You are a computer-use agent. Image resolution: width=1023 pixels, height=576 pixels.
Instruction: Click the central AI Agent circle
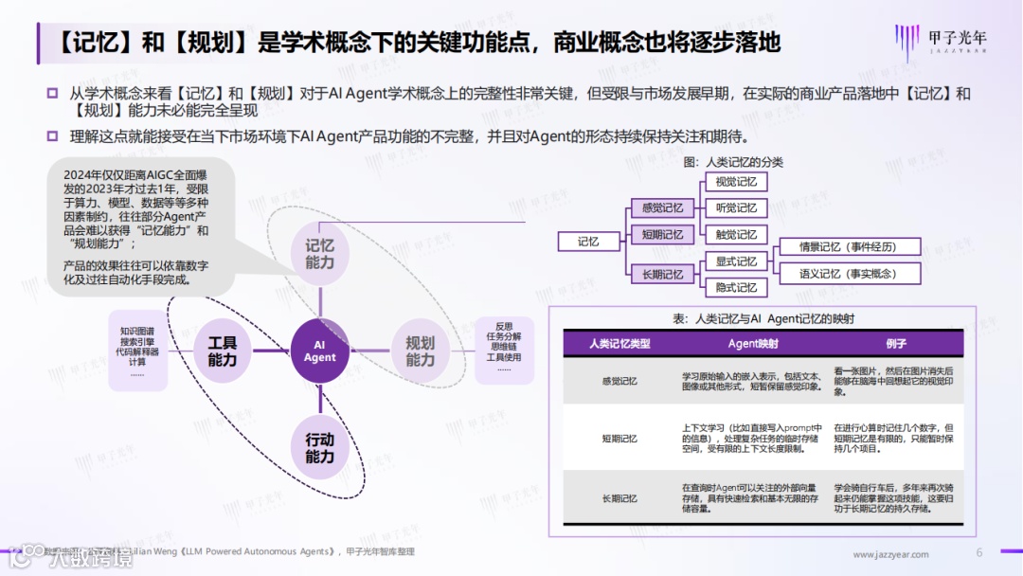coord(319,351)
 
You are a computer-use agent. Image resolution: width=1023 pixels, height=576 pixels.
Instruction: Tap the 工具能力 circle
coord(223,351)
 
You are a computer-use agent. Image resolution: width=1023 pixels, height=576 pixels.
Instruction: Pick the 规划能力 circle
coord(420,351)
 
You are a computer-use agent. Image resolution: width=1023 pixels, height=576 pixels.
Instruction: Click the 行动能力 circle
coord(319,448)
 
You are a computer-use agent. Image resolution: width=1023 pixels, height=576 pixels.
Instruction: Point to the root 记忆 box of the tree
coord(588,242)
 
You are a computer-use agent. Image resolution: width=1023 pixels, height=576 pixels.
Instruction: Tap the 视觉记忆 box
coord(736,182)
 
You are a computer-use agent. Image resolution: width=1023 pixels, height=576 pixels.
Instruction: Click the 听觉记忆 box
coord(736,208)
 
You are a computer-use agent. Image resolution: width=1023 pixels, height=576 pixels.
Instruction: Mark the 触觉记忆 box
coord(736,235)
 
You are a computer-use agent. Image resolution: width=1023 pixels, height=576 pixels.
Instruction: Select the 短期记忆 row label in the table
coord(619,439)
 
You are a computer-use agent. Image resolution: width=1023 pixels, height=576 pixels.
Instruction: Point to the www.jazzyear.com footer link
coord(890,554)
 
